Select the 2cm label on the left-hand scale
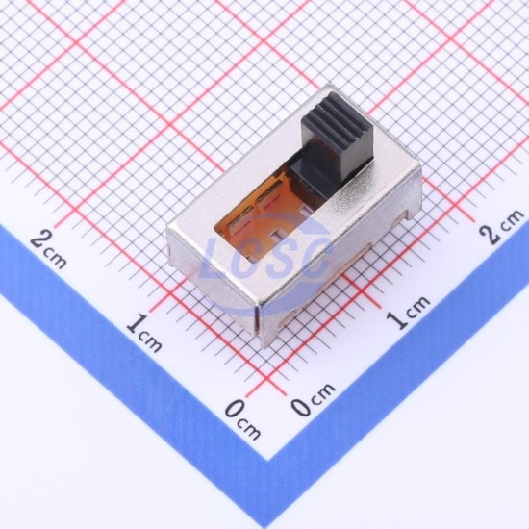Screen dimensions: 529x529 48,249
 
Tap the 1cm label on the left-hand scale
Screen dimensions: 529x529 143,333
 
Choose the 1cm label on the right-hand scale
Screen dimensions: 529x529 408,312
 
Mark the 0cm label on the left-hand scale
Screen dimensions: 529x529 242,419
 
